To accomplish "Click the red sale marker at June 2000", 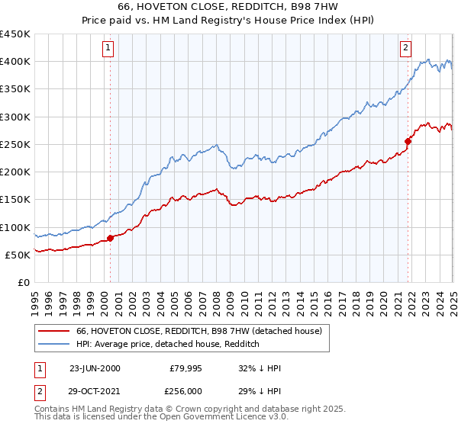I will point(110,238).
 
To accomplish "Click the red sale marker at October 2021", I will point(408,141).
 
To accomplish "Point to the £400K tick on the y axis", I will point(15,62).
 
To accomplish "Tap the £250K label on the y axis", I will point(15,144).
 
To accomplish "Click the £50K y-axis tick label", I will point(18,255).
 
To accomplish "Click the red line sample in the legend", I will point(54,331).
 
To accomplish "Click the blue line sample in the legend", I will point(54,344).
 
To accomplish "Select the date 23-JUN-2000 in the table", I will point(94,368).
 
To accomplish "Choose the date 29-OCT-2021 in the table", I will point(95,393).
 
